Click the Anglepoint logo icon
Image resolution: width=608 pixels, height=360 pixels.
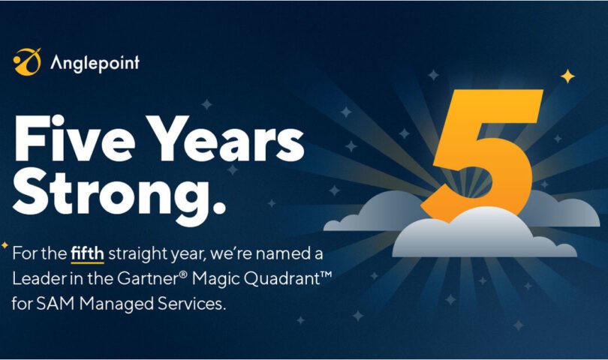pyautogui.click(x=27, y=61)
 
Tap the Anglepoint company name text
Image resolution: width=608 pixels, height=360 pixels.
pyautogui.click(x=95, y=63)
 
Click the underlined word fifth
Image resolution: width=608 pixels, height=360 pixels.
pyautogui.click(x=87, y=253)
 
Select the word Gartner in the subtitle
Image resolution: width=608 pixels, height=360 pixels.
pyautogui.click(x=148, y=278)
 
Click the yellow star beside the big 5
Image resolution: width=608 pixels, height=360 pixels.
pyautogui.click(x=567, y=76)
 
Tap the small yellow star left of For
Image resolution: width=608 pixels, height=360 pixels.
pyautogui.click(x=5, y=245)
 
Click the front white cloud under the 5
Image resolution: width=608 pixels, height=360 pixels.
pyautogui.click(x=484, y=235)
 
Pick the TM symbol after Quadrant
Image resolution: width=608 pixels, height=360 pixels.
pyautogui.click(x=326, y=274)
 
